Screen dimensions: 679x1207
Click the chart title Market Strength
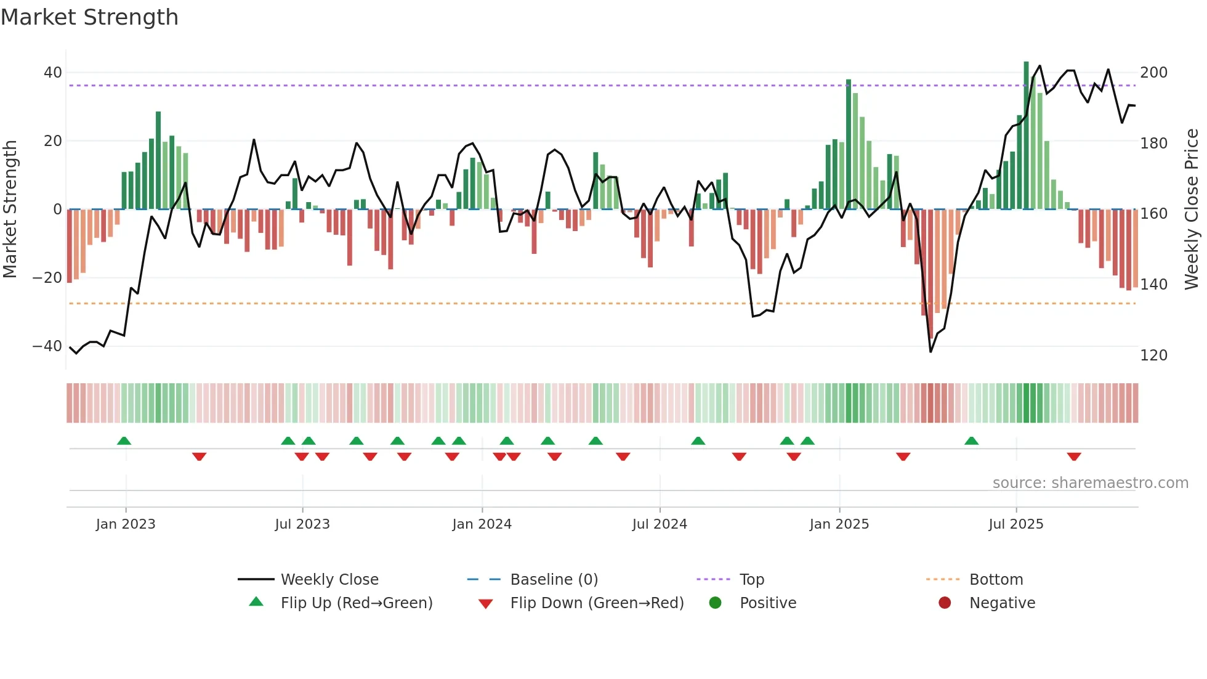pos(89,17)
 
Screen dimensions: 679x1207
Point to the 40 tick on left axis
pos(53,73)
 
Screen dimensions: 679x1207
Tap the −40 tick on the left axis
pos(47,346)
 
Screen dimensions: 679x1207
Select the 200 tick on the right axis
pos(1153,73)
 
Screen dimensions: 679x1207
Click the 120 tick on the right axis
pos(1153,356)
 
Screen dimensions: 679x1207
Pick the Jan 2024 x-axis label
pos(482,524)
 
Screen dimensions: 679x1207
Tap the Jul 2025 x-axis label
pos(1015,524)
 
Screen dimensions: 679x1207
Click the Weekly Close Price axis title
pos(1192,209)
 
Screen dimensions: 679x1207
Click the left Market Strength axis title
pos(10,209)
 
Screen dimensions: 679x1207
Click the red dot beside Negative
pos(945,603)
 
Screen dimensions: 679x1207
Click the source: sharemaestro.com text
pos(1090,483)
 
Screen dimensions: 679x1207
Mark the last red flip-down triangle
pos(1074,457)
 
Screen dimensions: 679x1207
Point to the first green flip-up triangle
pos(124,441)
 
